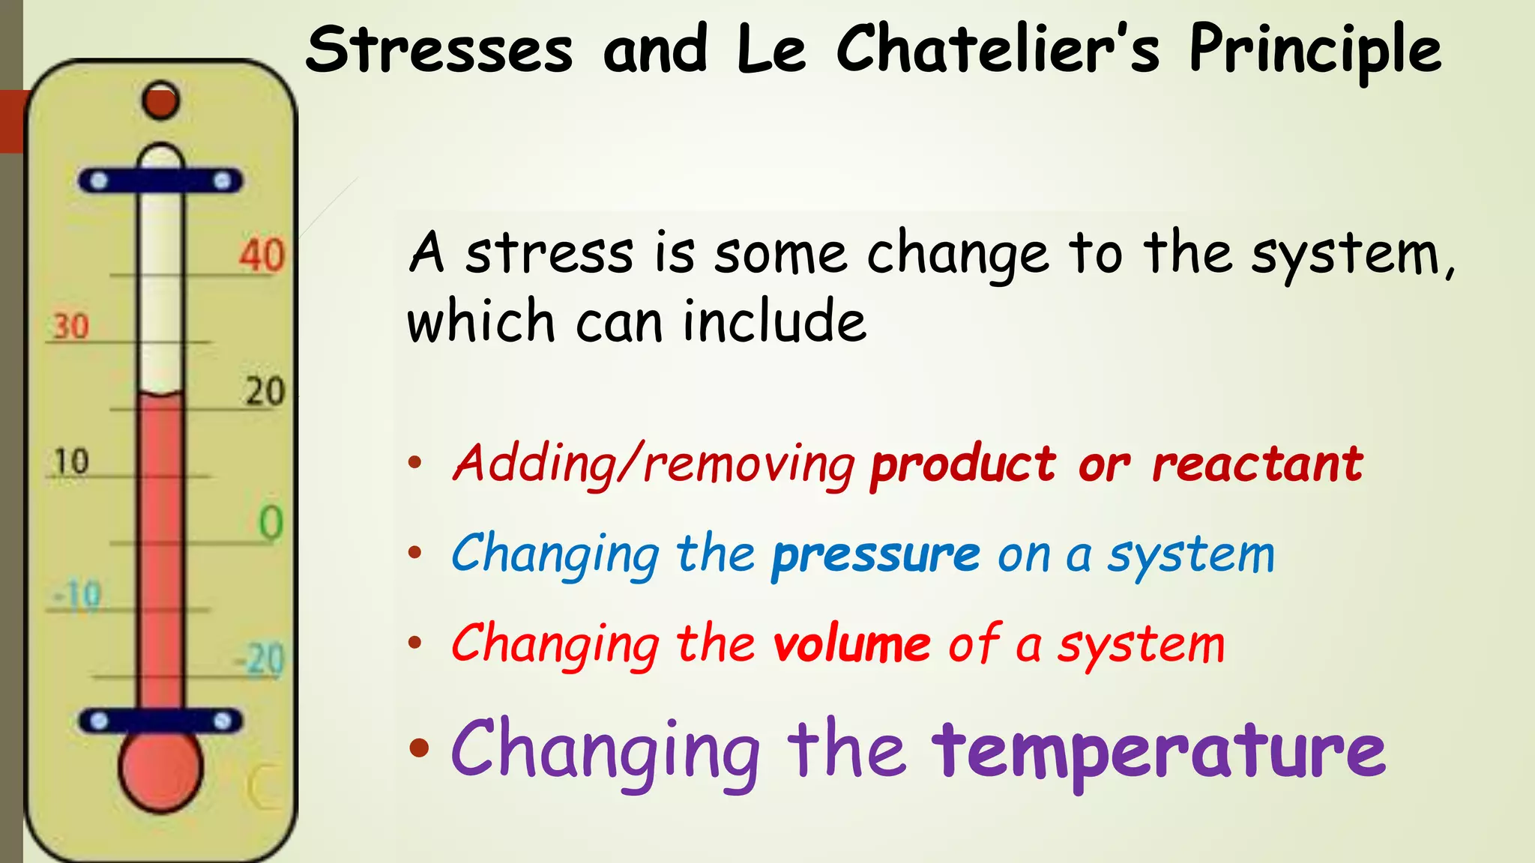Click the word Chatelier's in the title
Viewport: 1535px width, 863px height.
(998, 49)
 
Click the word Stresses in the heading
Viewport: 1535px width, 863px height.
(439, 49)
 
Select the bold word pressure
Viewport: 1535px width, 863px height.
(875, 556)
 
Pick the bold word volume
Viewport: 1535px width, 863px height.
(851, 644)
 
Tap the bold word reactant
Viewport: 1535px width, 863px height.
(1257, 464)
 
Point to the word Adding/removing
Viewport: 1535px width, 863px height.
(654, 464)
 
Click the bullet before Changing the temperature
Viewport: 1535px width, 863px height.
(420, 747)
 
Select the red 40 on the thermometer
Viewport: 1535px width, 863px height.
(262, 255)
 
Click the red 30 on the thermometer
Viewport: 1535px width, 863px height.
(71, 327)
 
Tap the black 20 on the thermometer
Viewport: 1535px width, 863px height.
(265, 392)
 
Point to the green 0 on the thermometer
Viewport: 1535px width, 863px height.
(271, 523)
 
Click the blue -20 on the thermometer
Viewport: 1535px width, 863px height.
(260, 660)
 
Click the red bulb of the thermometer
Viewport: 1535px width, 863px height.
(160, 769)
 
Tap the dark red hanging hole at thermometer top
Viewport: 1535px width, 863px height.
(160, 100)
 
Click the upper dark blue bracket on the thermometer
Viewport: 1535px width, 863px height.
(160, 181)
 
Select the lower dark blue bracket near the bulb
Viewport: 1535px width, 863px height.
(160, 721)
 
